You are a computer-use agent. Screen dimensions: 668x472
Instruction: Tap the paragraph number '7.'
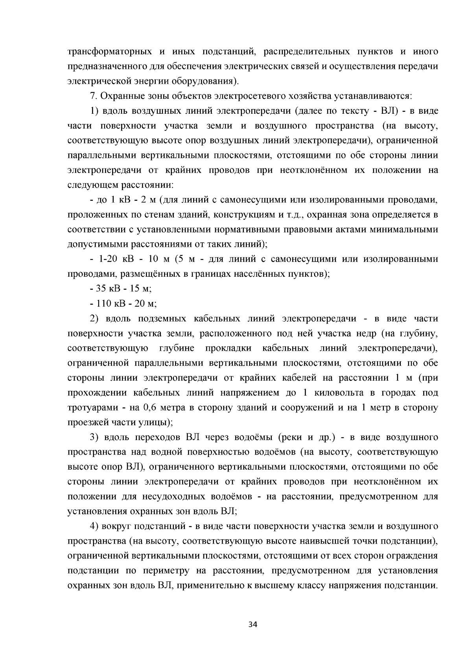(x=93, y=96)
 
